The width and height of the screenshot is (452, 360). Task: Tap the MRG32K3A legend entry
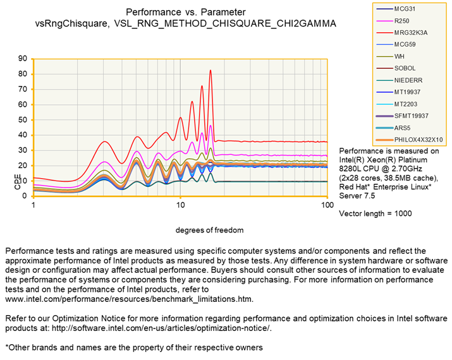coord(412,32)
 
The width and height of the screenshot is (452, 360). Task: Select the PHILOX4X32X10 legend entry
coord(418,140)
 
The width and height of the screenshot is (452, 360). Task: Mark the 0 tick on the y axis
coord(25,196)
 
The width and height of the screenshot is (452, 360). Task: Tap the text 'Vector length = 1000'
coord(376,213)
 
